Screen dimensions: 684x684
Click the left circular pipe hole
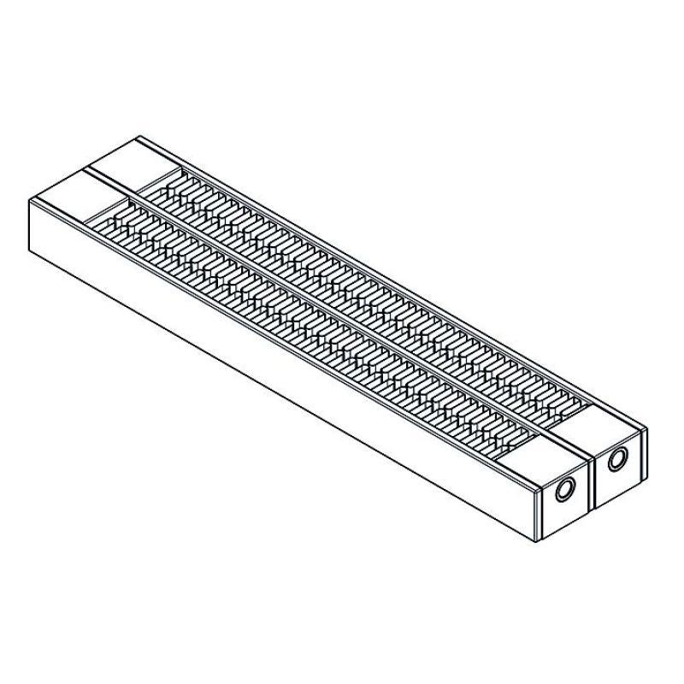pos(564,491)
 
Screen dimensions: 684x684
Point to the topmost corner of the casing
pos(139,137)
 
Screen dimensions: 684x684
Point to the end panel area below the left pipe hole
pos(564,517)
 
